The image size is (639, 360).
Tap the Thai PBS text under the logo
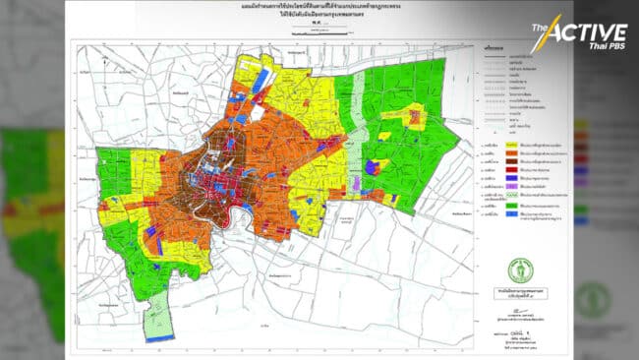pos(594,48)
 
